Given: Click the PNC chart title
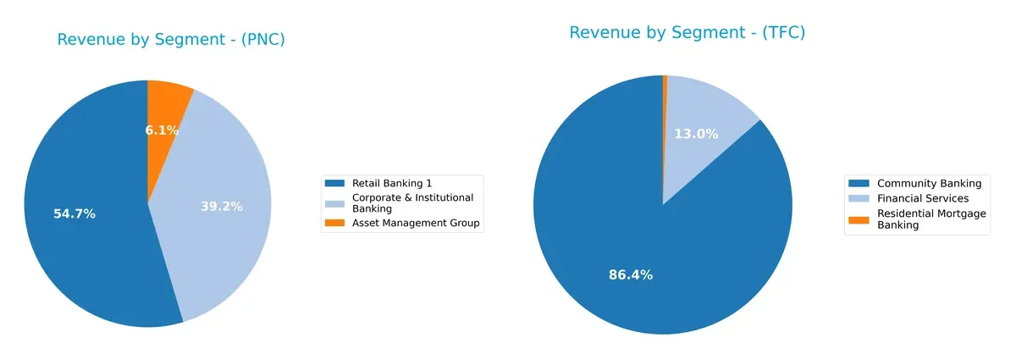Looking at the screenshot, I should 170,40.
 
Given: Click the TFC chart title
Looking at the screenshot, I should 687,33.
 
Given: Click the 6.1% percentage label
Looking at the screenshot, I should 162,130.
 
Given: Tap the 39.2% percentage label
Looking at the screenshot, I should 222,206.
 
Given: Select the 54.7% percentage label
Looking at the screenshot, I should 75,214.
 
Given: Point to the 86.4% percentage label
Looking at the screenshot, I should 631,274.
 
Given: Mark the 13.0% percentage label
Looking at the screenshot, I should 696,134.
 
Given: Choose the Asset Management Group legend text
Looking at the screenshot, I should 415,224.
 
